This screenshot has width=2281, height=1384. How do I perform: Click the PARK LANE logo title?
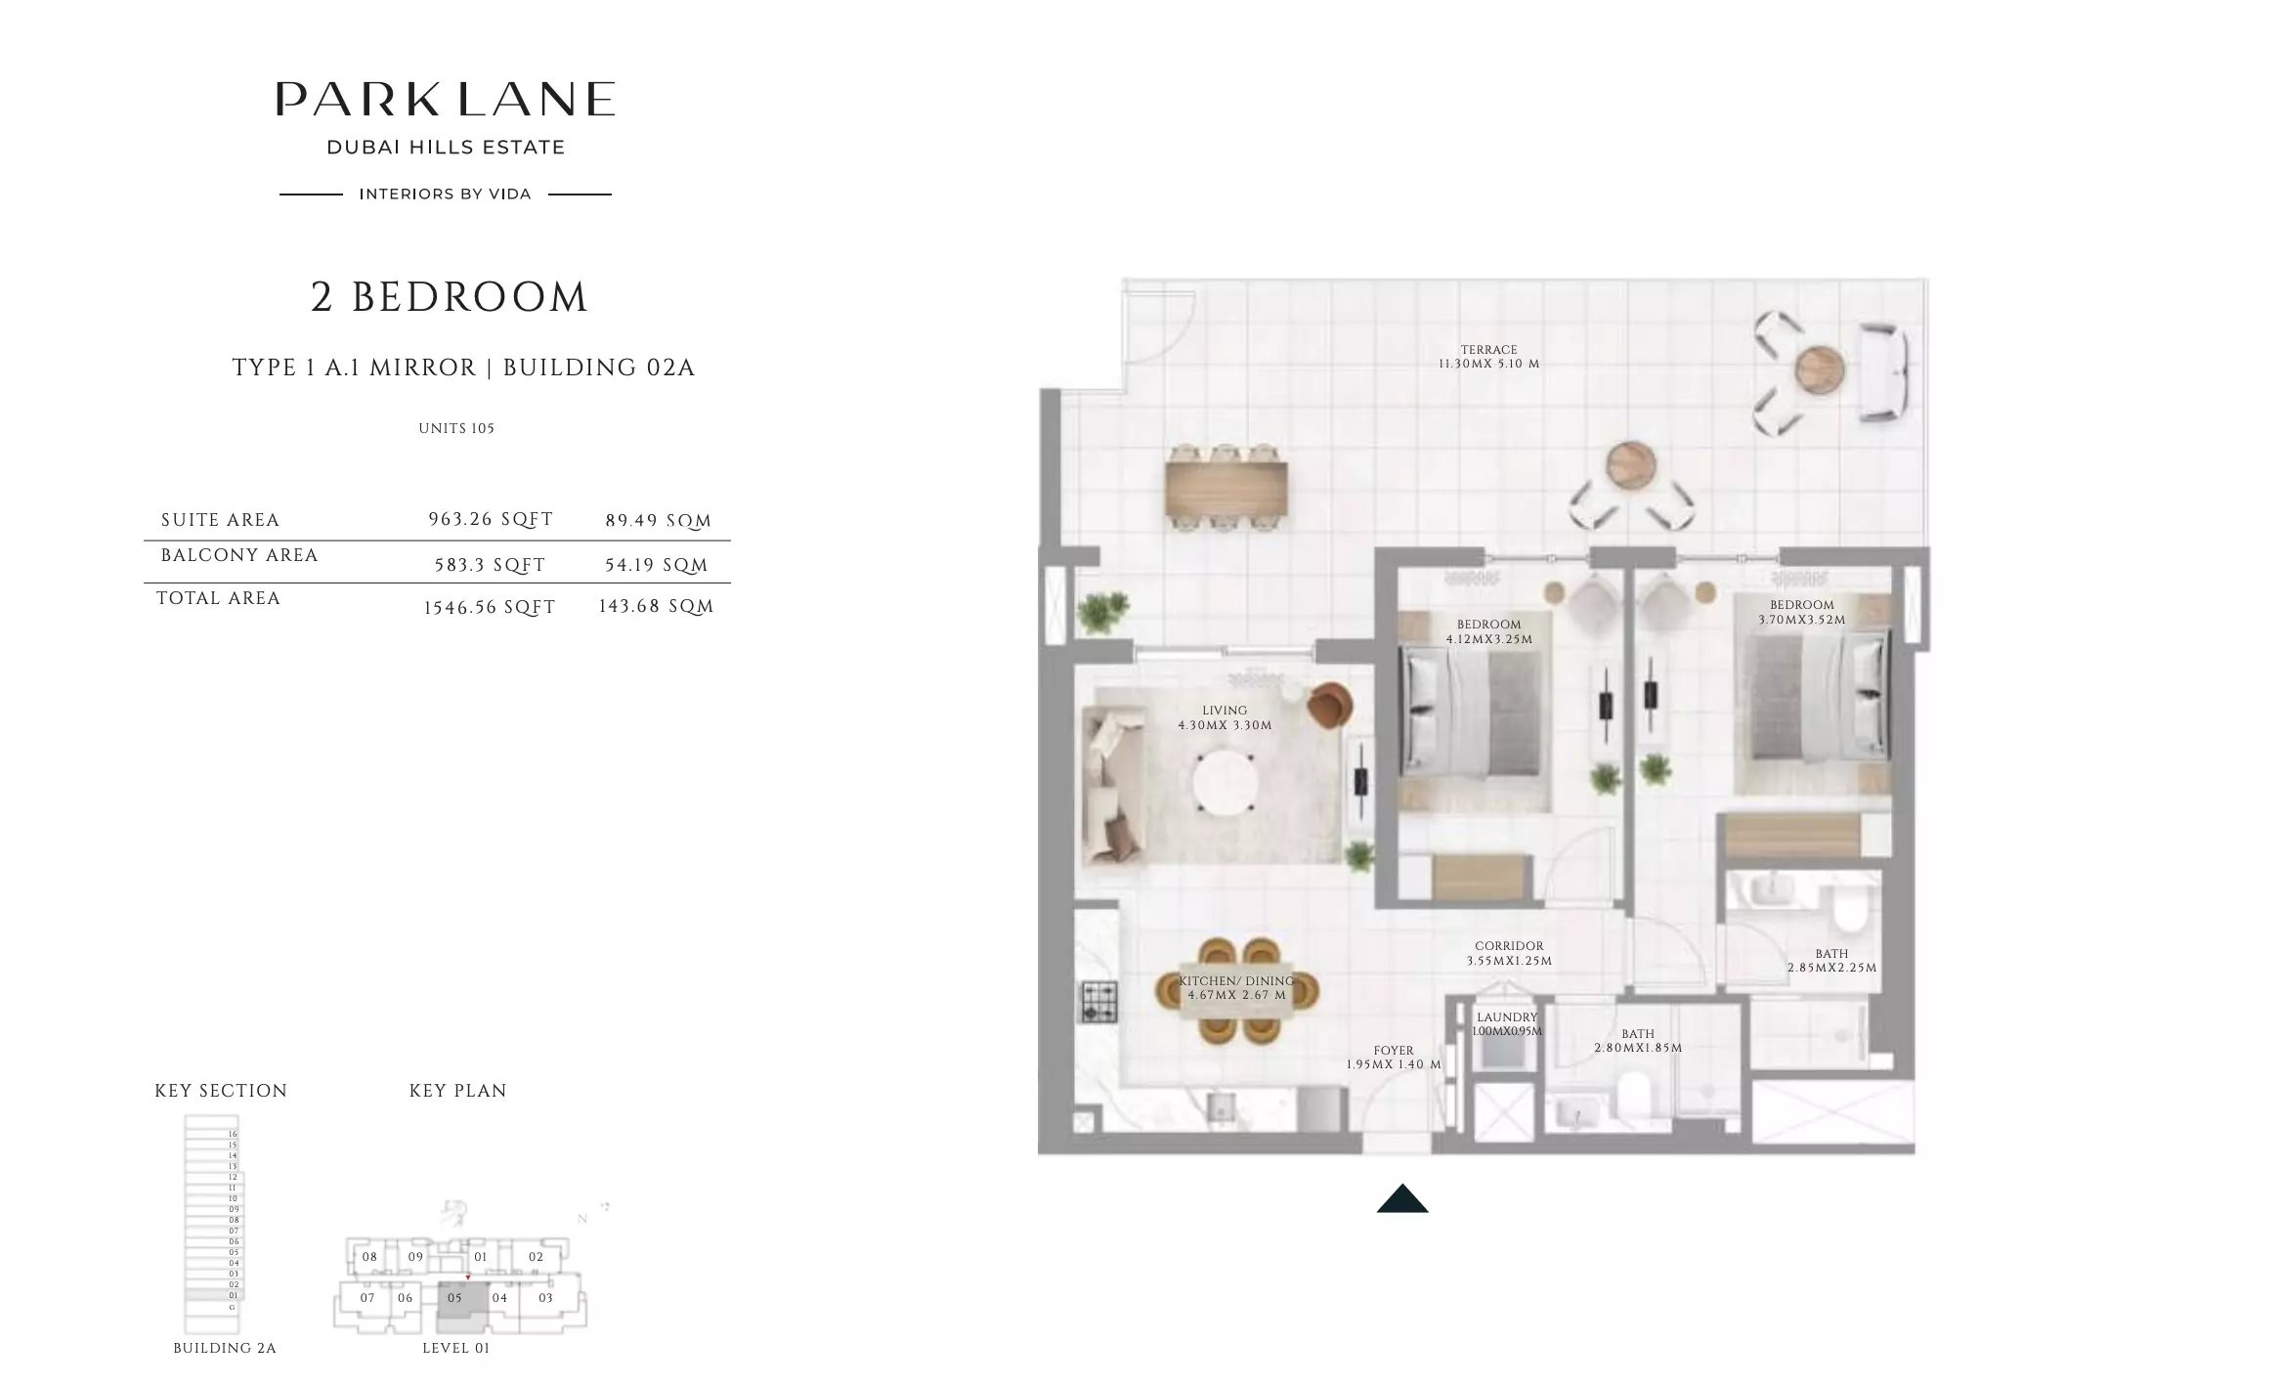coord(446,99)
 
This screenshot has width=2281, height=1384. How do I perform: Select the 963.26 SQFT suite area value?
coord(491,520)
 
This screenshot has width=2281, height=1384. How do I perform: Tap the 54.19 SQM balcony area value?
coord(656,565)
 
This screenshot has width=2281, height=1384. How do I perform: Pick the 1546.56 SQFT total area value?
coord(489,607)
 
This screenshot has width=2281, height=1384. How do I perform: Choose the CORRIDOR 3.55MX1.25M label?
coord(1509,953)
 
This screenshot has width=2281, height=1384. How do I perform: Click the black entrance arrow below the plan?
coord(1402,1199)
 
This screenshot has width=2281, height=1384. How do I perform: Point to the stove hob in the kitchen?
coord(1098,1001)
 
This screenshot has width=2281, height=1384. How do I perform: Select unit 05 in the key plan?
coord(455,1299)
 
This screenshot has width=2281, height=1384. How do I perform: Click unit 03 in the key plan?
coord(545,1298)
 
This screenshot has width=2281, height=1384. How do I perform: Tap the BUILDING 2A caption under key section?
coord(225,1348)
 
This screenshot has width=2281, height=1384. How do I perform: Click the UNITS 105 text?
coord(456,428)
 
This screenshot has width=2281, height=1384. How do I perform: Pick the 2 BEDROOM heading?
coord(450,297)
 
